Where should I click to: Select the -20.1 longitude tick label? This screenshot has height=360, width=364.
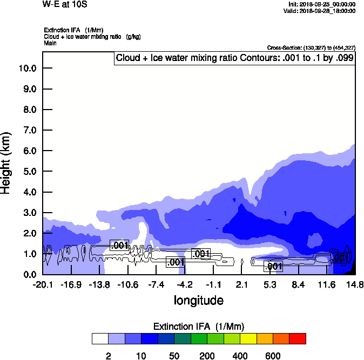[x=43, y=284]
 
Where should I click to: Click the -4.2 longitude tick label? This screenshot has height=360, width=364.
[x=185, y=284]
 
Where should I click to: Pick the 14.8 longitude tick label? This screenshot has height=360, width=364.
[x=354, y=284]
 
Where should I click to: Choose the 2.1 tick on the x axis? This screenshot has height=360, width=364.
[x=242, y=284]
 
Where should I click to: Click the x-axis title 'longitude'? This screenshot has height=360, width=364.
[x=198, y=300]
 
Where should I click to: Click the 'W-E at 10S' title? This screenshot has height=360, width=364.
[x=65, y=4]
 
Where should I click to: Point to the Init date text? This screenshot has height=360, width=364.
[x=322, y=4]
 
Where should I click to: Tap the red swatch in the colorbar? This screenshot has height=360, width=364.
[x=298, y=338]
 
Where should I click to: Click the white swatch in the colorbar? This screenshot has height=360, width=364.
[x=100, y=338]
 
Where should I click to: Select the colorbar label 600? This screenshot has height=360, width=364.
[x=273, y=356]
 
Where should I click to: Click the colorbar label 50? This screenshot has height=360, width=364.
[x=174, y=356]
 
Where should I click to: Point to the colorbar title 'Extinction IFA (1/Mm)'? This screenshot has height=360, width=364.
[x=199, y=327]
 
